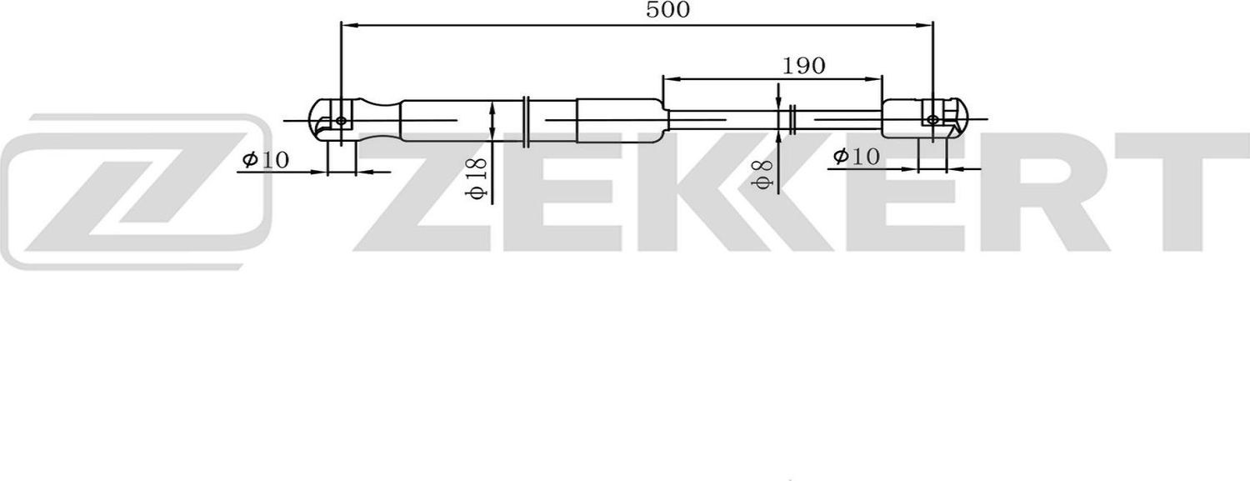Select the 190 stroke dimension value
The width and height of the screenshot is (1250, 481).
tap(803, 66)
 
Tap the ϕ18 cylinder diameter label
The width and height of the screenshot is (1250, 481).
tap(476, 178)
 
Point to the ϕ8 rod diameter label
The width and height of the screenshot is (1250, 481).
tap(761, 172)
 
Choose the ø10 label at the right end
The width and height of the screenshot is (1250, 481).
tap(856, 156)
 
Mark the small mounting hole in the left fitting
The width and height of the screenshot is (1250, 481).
tap(341, 122)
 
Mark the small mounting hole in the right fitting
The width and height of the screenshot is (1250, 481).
tap(932, 120)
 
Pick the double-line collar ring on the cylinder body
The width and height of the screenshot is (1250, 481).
tap(526, 122)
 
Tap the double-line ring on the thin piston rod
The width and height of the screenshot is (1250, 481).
tap(792, 120)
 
